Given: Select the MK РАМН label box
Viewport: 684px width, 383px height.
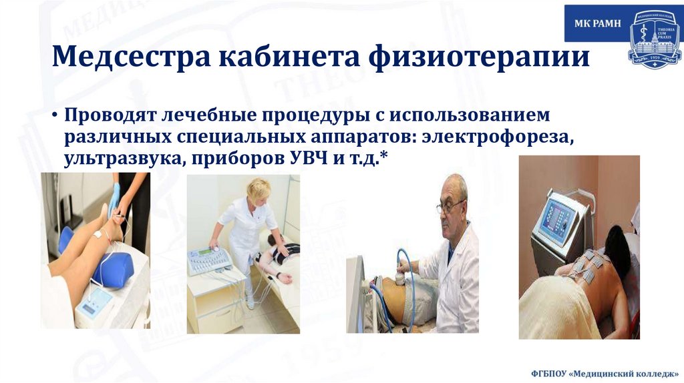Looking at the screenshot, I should coord(597,24).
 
